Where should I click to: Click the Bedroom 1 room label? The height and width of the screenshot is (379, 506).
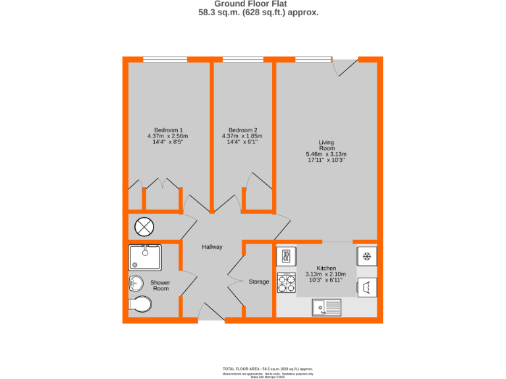168,130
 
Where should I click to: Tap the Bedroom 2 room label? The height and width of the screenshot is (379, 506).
242,130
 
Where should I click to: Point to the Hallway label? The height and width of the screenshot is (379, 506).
212,247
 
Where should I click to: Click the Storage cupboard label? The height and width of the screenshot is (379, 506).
258,282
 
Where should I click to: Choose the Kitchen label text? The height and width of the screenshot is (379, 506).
326,268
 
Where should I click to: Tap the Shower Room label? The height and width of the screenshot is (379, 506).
160,285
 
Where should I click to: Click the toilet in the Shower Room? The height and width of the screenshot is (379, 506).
140,304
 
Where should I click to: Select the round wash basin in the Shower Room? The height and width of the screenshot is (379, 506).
136,283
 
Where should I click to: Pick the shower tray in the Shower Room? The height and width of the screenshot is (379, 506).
145,257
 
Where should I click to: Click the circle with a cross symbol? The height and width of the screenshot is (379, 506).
144,227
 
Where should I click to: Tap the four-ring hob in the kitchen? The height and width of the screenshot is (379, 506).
287,282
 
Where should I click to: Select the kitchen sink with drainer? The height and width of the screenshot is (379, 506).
326,305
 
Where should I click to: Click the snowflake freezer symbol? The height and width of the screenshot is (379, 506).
367,256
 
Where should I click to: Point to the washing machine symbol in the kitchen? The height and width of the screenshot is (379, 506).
366,286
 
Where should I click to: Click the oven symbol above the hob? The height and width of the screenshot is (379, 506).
287,256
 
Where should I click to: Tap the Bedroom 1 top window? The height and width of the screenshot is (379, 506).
165,59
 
